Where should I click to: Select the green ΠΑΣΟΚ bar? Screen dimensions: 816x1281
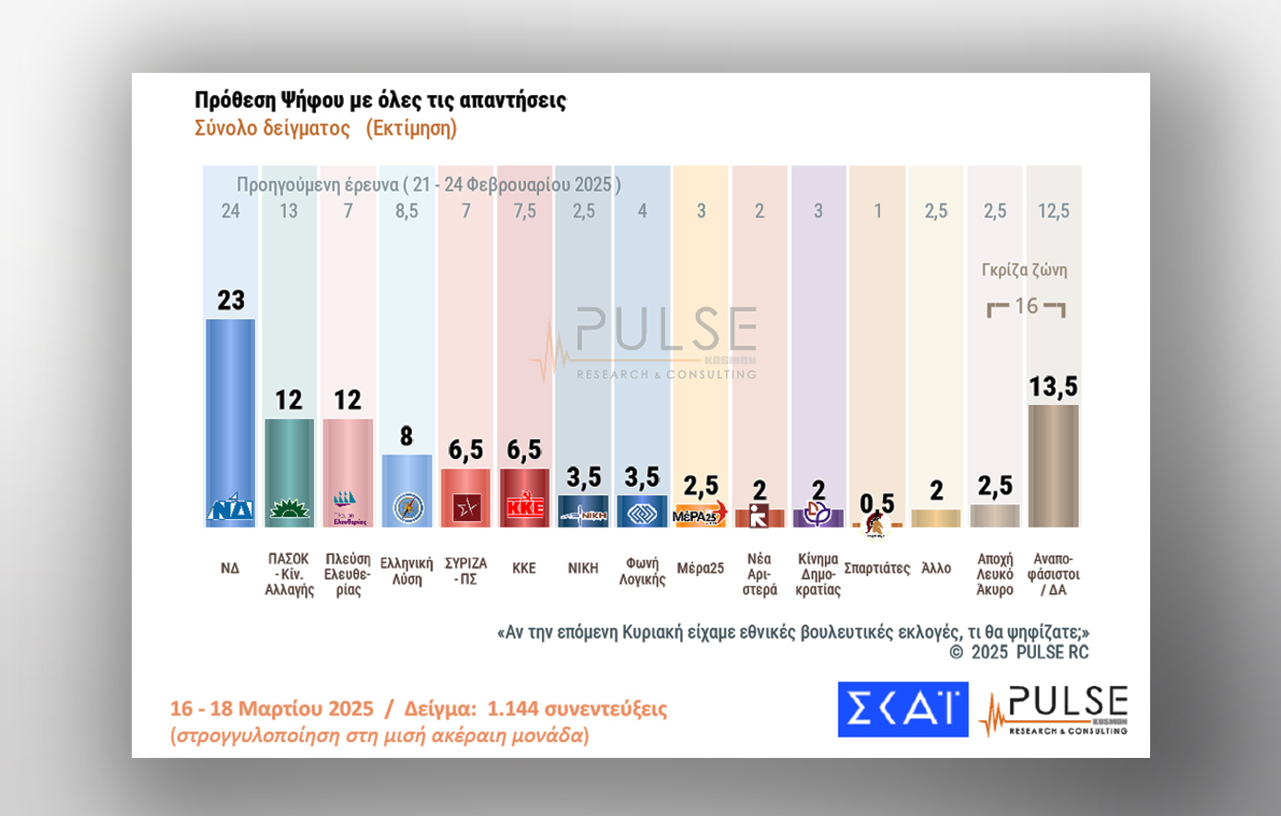coord(289,461)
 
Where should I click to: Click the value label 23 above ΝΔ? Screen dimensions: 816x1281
coord(230,300)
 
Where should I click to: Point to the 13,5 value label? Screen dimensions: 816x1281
coord(1053,386)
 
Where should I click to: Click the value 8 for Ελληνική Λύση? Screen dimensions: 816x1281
coord(406,436)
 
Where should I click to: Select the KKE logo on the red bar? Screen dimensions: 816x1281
coord(524,506)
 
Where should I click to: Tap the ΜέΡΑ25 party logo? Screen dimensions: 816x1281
coord(700,514)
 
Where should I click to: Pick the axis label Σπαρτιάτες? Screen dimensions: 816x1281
coord(876,568)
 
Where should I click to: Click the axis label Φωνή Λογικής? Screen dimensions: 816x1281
coord(642,571)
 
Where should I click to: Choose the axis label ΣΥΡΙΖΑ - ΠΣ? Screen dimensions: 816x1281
coord(465,571)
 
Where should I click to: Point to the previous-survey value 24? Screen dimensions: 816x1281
coord(230,211)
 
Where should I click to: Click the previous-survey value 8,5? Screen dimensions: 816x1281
coord(406,211)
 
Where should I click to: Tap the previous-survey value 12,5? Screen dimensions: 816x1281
coord(1053,211)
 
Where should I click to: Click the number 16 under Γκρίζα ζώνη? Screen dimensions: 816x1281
coord(1026,306)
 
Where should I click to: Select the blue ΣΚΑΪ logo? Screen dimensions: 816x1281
coord(902,709)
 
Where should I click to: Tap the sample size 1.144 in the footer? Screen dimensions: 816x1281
coord(512,708)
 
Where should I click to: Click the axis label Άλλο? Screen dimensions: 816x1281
coord(936,568)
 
